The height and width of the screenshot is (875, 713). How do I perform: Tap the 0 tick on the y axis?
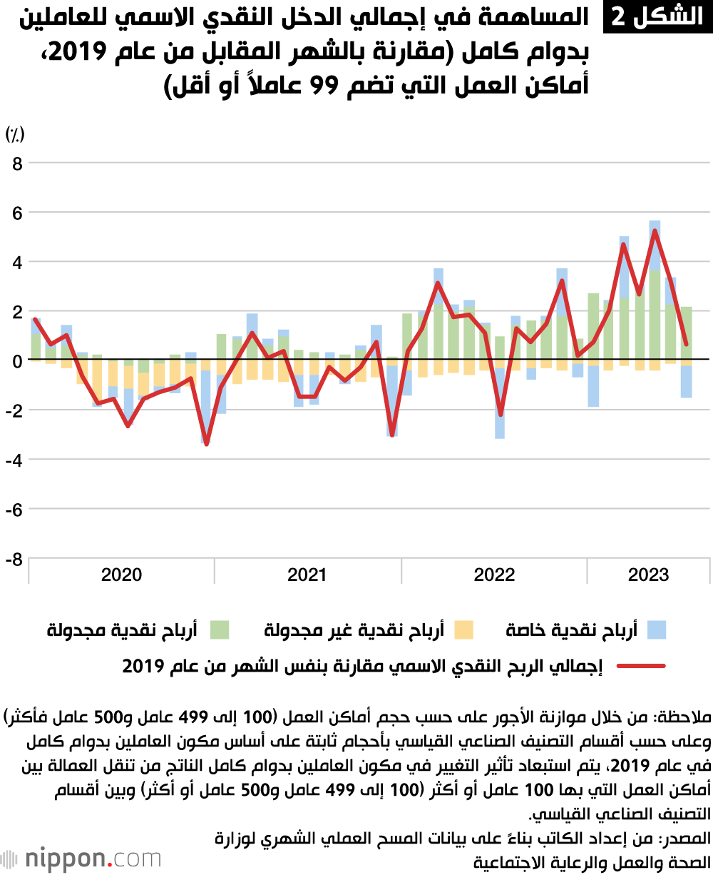(16, 360)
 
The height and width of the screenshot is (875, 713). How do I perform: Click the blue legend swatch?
(656, 629)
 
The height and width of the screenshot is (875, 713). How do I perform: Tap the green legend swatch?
(220, 629)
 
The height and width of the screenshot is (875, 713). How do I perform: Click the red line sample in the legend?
(641, 667)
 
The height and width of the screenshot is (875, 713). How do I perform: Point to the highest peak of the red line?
(655, 231)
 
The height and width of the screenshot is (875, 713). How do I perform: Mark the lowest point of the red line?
(207, 444)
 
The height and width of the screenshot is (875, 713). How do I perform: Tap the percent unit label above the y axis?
(15, 133)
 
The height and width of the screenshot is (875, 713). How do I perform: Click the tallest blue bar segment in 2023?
(624, 267)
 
